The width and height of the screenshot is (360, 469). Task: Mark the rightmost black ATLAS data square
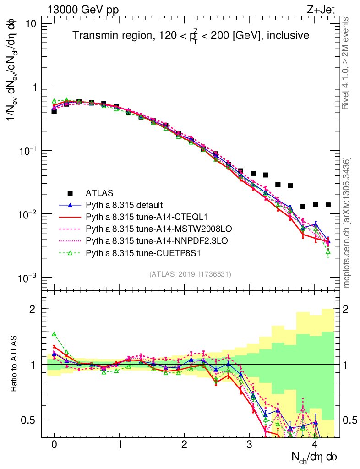click(x=328, y=205)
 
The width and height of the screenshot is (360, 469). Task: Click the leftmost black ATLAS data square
click(x=54, y=111)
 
